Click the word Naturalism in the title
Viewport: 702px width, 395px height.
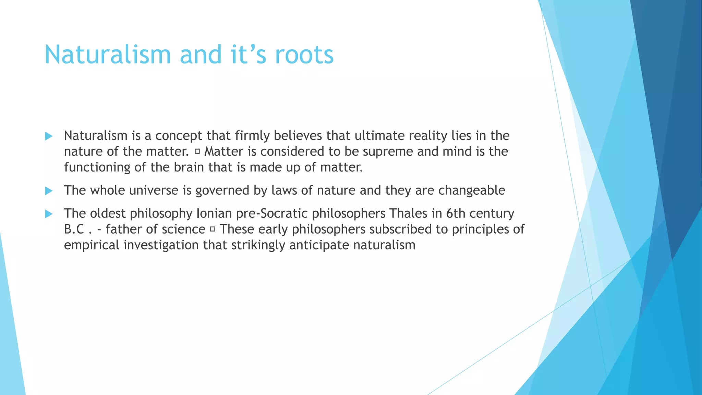tap(108, 55)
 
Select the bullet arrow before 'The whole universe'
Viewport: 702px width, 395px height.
tap(49, 191)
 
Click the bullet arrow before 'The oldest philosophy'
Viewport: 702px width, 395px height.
tap(49, 214)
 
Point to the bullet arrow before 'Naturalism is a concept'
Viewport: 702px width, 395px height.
tap(49, 136)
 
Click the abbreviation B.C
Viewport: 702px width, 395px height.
tap(74, 229)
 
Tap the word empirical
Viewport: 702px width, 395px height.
tap(92, 245)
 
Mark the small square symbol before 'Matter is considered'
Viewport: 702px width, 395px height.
tap(197, 152)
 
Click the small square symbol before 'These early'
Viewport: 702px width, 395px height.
tap(213, 229)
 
